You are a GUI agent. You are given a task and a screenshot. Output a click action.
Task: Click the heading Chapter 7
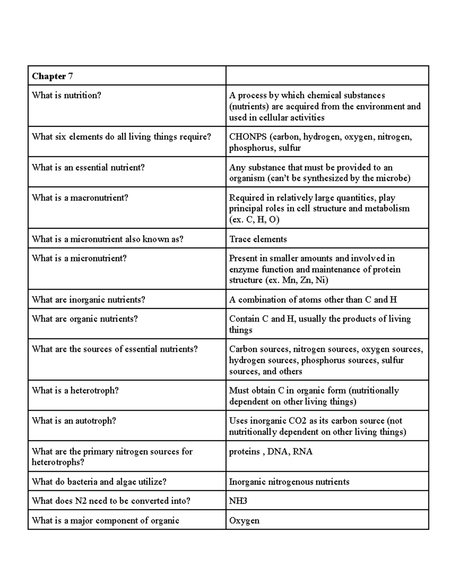[x=52, y=76]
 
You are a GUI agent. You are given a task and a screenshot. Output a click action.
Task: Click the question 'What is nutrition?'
[x=67, y=96]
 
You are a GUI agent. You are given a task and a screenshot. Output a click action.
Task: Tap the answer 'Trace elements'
[x=258, y=239]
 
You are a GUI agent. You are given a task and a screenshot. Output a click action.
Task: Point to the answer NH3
[x=238, y=501]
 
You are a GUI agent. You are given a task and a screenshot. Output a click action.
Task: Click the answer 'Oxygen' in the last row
[x=244, y=520]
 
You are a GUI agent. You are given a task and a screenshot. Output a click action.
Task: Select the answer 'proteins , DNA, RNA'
[x=271, y=452]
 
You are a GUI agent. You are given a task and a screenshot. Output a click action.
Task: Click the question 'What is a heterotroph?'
[x=75, y=391]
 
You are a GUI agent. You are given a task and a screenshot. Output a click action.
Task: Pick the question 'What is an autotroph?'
[x=74, y=421]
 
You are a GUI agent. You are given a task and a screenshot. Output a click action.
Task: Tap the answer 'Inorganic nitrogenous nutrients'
[x=289, y=482]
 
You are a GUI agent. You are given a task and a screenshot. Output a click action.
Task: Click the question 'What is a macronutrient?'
[x=80, y=198]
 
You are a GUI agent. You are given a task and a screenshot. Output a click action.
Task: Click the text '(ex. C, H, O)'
[x=254, y=220]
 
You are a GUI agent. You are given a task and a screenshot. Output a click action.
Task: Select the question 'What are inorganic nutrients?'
[x=88, y=300]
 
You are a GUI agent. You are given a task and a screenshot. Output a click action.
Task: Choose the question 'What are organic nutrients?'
[x=85, y=319]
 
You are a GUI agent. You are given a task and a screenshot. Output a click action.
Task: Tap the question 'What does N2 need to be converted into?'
[x=111, y=501]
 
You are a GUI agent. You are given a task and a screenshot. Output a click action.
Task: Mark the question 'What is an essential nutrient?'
[x=88, y=167]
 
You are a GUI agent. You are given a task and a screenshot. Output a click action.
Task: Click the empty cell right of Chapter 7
[x=327, y=76]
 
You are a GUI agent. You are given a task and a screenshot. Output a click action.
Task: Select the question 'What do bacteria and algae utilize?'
[x=99, y=482]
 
